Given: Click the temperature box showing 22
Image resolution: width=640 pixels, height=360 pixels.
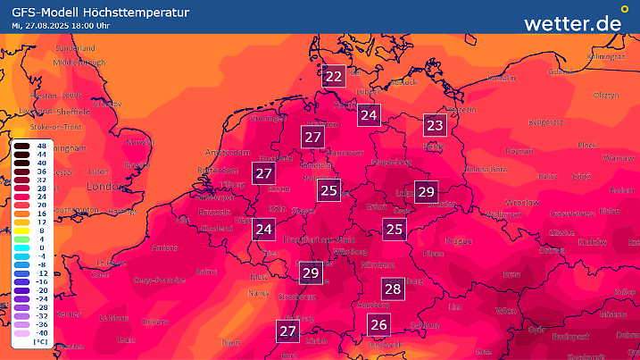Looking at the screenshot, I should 334,77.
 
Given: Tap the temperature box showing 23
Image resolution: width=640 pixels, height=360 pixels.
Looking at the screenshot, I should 436,125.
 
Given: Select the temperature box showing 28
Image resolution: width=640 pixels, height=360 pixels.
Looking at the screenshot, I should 393,289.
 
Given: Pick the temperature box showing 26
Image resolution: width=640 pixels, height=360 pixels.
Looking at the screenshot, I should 379,325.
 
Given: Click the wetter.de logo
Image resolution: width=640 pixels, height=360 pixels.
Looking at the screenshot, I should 572,23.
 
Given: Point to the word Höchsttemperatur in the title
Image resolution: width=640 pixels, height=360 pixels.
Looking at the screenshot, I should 142,12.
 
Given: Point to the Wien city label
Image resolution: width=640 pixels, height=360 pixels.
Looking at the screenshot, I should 506,310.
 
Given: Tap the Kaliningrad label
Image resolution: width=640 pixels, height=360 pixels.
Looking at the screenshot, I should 602,55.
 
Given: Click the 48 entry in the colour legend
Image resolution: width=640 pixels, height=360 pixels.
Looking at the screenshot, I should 41,144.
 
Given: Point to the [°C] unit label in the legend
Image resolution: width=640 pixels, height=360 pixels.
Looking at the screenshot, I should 40,341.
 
